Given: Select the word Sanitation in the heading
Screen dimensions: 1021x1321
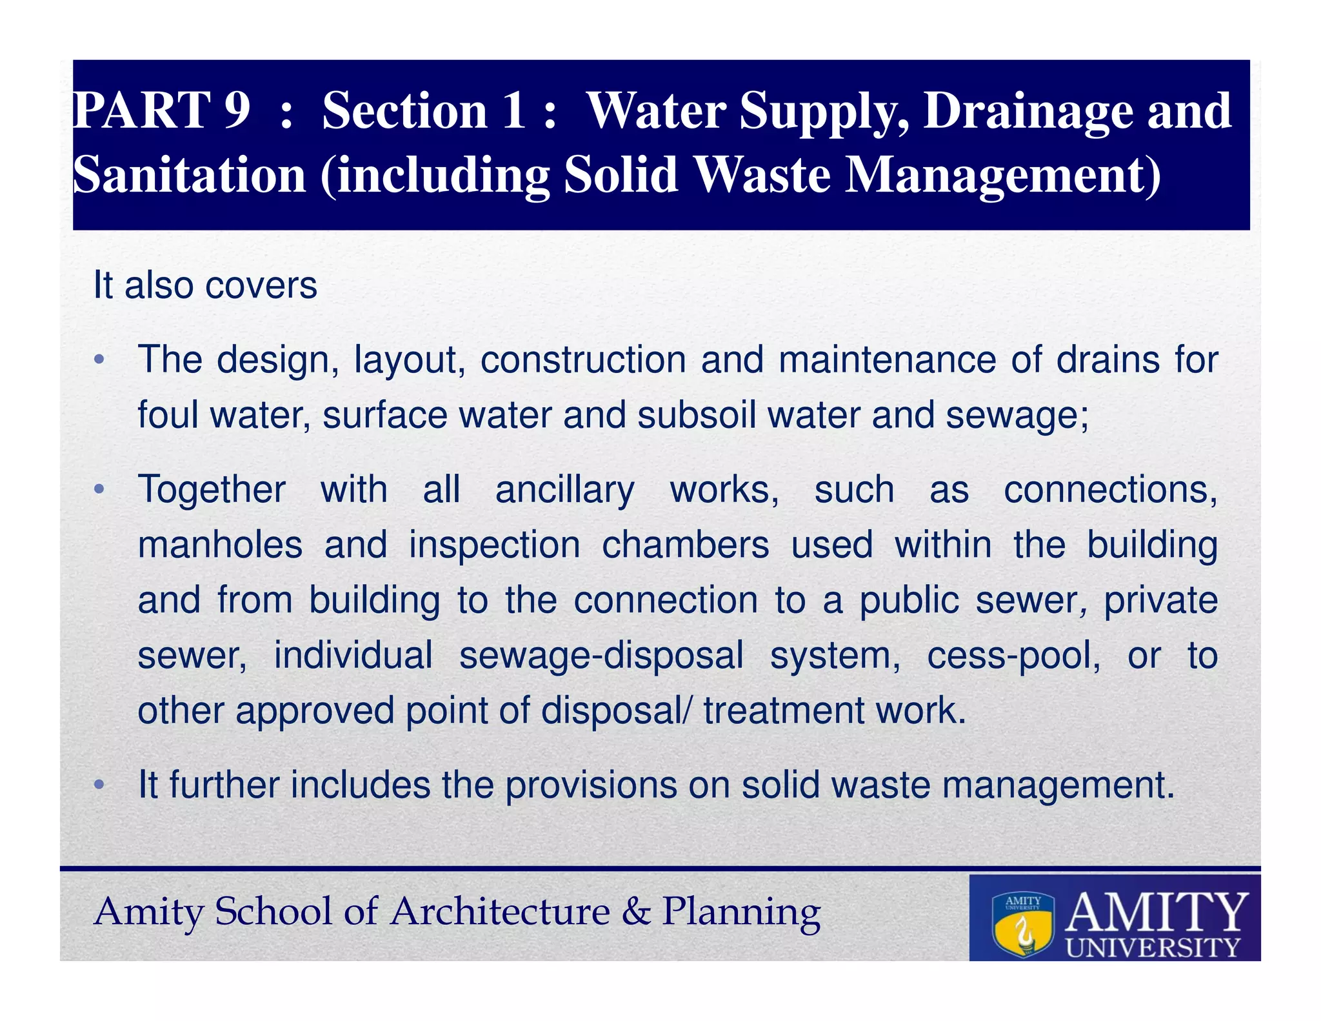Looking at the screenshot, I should [189, 176].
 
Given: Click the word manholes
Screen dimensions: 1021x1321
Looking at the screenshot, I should [220, 545].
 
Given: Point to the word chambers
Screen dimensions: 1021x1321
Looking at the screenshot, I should [685, 545].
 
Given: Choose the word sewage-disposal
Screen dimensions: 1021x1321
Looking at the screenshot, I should [601, 656].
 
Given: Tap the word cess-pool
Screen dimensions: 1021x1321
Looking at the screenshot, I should [1013, 656].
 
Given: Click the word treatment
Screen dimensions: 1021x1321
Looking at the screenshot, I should [784, 711].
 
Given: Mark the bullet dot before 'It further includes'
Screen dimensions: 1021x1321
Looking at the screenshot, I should [99, 785].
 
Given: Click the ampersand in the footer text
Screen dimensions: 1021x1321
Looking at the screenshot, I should [636, 911].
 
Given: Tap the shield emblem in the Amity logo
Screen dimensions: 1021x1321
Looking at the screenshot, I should [1022, 924].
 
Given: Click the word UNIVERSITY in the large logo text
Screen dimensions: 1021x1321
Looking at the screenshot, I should [1153, 947].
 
